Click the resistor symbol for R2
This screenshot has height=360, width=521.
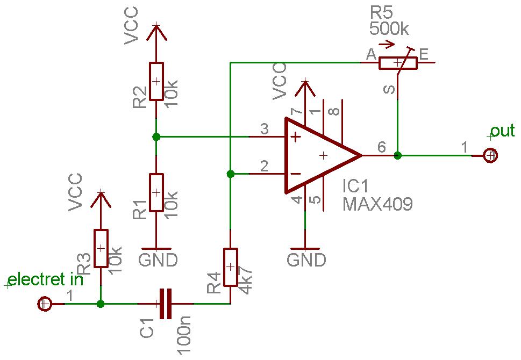(156, 81)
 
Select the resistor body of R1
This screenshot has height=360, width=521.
(156, 192)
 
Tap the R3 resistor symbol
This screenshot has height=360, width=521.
(101, 248)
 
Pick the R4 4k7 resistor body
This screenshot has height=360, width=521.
(230, 267)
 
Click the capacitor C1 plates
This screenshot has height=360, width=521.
(166, 304)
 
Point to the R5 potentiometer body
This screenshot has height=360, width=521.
(398, 63)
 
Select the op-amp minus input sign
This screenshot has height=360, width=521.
(296, 174)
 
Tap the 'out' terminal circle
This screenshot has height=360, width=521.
(490, 155)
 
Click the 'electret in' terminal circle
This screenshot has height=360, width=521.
(45, 304)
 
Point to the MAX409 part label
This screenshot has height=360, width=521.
(377, 204)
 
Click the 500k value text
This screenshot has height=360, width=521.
(389, 29)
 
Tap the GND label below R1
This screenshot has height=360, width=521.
(158, 260)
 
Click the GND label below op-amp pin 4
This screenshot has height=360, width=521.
(306, 260)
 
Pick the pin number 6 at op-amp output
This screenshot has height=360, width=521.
(382, 147)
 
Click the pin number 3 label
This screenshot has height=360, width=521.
(264, 129)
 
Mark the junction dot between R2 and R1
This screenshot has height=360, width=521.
(156, 136)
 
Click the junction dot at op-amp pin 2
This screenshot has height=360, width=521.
(230, 174)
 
